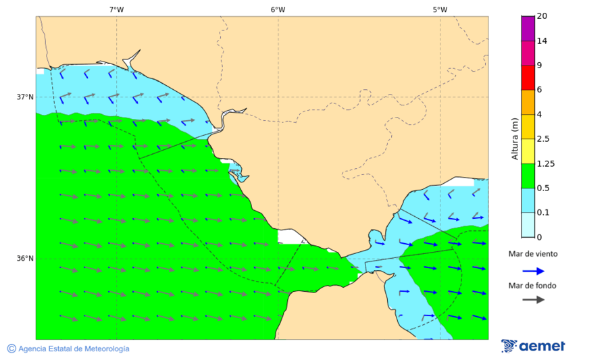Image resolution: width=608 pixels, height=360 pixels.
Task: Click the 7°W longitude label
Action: [x=116, y=9]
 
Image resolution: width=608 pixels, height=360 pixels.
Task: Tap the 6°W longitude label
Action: [x=278, y=9]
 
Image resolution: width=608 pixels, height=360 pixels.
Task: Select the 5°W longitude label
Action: [x=440, y=9]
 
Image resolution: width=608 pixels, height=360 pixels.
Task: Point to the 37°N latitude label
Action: [x=25, y=97]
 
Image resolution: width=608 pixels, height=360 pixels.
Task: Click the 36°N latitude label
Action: [x=25, y=259]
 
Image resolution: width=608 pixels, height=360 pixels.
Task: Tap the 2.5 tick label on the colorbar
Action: [x=542, y=139]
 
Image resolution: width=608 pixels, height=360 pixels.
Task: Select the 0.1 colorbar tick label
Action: [x=542, y=213]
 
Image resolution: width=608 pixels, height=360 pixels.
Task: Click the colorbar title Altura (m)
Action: [x=515, y=138]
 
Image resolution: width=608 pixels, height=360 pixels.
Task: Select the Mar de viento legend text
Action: [x=533, y=254]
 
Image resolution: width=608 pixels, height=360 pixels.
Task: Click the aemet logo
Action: [x=534, y=346]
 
